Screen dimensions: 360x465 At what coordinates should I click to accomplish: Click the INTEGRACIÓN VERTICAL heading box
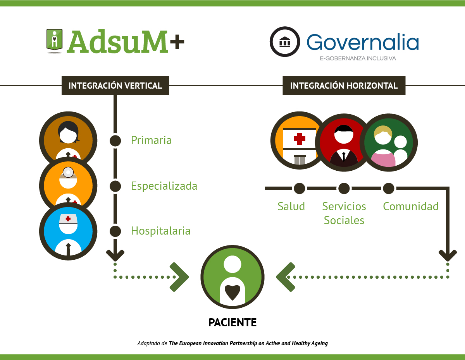click(x=115, y=86)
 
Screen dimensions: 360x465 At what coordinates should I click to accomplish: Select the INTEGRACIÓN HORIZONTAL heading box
click(x=344, y=86)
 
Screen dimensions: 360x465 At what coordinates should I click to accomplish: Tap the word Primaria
click(x=151, y=140)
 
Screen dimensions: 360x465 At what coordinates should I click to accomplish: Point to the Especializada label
click(x=164, y=186)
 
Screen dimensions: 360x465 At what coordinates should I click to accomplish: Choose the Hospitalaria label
click(x=160, y=231)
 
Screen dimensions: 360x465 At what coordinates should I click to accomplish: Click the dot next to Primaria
click(x=115, y=141)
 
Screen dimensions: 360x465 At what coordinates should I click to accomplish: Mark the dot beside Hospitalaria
click(x=115, y=231)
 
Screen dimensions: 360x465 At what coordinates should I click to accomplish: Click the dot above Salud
click(x=299, y=189)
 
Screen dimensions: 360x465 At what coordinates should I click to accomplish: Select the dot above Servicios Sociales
click(x=344, y=189)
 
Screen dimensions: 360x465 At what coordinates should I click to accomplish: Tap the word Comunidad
click(x=410, y=206)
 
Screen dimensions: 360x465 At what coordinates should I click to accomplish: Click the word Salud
click(x=291, y=206)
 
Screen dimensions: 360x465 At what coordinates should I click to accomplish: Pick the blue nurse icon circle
click(x=68, y=231)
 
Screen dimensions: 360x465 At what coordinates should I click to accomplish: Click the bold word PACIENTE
click(x=232, y=322)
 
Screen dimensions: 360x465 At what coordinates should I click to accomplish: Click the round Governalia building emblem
click(x=285, y=41)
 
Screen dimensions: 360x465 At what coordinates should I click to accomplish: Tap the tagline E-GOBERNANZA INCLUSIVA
click(x=358, y=58)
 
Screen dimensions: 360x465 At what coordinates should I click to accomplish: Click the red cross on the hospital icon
click(x=299, y=139)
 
